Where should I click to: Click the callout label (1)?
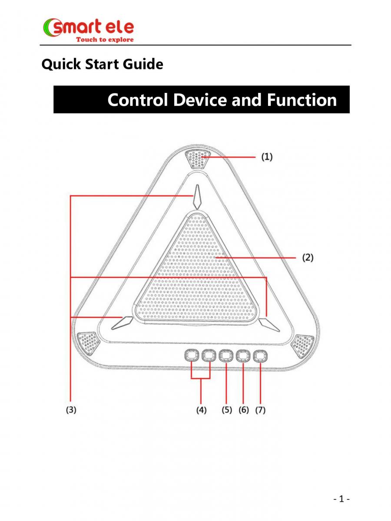click(x=267, y=157)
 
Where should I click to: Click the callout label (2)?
click(x=308, y=257)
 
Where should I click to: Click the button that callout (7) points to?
click(x=260, y=356)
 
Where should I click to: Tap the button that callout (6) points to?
click(x=243, y=356)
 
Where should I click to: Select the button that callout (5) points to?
click(x=226, y=356)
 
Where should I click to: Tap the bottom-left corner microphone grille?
click(x=88, y=343)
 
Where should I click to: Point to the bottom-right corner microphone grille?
click(x=303, y=345)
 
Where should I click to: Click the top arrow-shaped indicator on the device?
click(x=197, y=197)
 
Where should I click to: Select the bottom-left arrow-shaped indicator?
click(x=122, y=323)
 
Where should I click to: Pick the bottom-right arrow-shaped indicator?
click(x=269, y=325)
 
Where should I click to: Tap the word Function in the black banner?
click(x=302, y=100)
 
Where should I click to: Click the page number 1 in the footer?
click(x=341, y=499)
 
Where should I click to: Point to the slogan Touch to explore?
click(x=105, y=40)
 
